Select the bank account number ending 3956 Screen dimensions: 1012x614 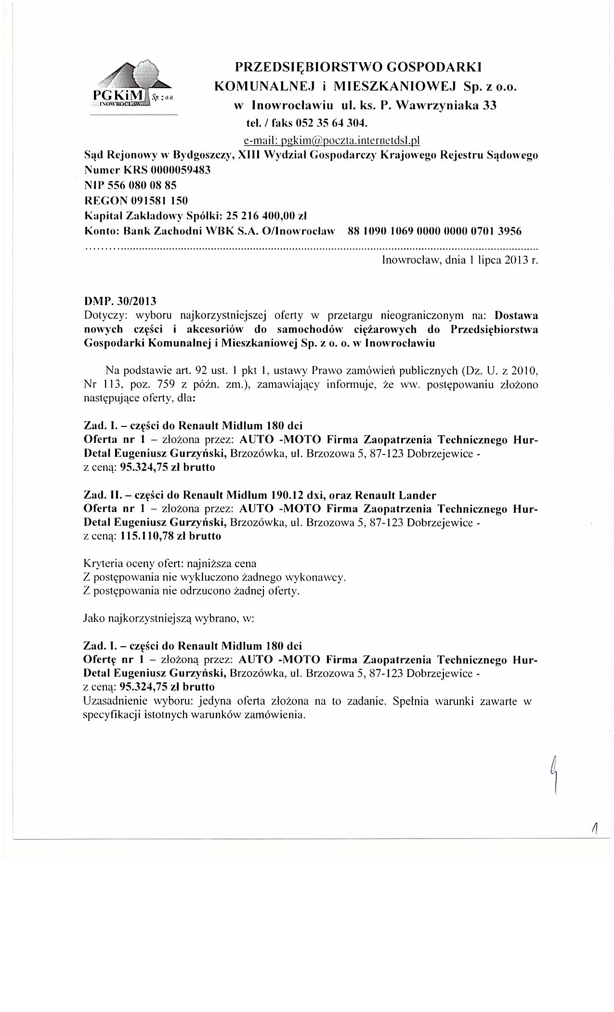[x=434, y=231]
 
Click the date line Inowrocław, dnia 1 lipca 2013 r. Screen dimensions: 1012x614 [x=459, y=261]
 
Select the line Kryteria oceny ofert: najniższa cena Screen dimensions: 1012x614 [x=170, y=563]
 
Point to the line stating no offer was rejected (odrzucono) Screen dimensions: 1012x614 [x=191, y=591]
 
